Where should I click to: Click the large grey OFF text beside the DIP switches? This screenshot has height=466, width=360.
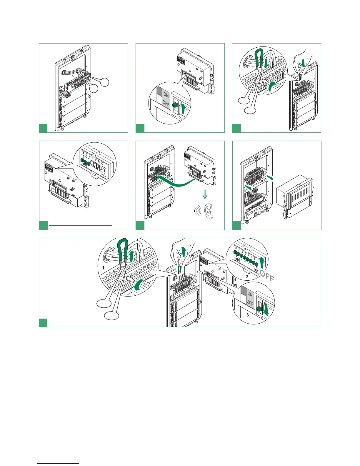click(x=266, y=276)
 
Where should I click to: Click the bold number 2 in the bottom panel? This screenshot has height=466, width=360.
click(x=247, y=277)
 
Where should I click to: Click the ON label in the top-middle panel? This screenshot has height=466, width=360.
click(x=166, y=95)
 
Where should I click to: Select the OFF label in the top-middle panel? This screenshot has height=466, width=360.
click(x=166, y=103)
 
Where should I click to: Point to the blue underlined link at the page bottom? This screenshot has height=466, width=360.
click(x=59, y=464)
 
